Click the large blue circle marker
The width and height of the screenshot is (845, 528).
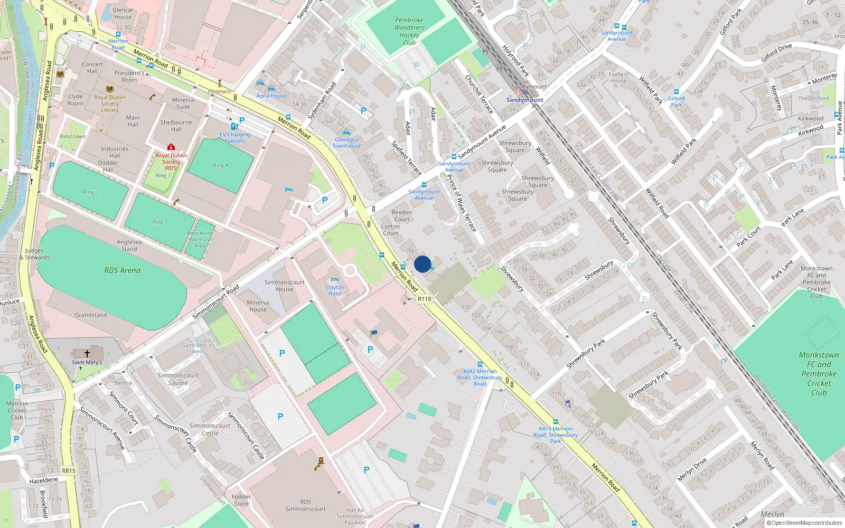pos(422,264)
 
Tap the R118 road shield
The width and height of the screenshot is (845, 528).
pos(424,299)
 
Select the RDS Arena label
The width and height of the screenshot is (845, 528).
pos(122,270)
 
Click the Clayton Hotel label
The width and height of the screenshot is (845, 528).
pos(335,290)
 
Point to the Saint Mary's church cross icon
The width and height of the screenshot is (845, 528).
pos(87,354)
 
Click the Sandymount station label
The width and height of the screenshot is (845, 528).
pos(524,100)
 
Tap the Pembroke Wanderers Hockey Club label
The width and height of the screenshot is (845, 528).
pos(409,31)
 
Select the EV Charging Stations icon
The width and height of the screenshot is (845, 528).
pos(234,127)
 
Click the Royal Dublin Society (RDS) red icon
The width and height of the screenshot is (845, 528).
pos(171,147)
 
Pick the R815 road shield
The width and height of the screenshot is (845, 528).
pos(69,470)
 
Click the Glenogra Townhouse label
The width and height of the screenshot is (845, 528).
pos(346,143)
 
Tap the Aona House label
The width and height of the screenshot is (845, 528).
pos(271,96)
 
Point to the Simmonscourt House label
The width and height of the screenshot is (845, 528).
pos(284,286)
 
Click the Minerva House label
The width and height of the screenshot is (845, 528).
pos(258,306)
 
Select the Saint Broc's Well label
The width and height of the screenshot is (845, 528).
pos(197,348)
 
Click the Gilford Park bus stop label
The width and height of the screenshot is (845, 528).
pos(677,101)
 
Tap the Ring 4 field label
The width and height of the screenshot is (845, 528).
pos(221,165)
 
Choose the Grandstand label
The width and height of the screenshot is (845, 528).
pos(91,315)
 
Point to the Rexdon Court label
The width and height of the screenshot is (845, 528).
pos(402,215)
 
